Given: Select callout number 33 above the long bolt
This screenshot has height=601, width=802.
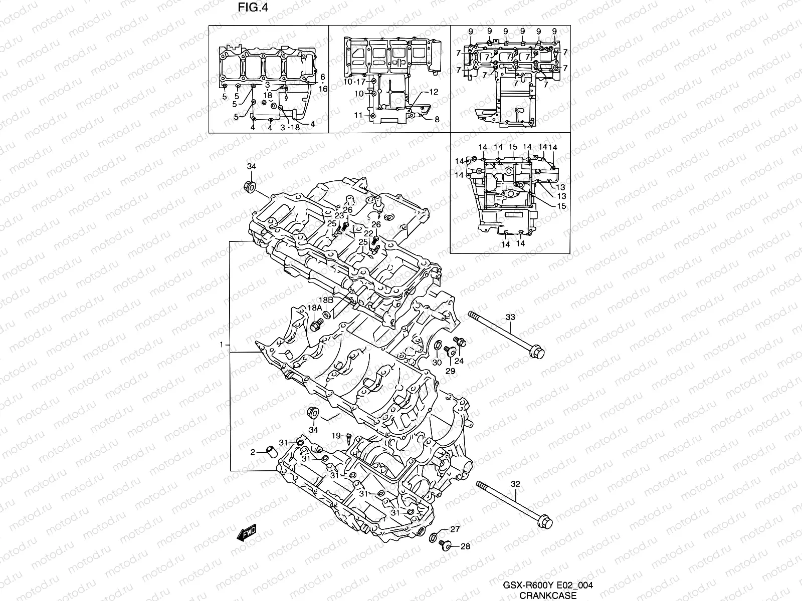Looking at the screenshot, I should coord(510,317).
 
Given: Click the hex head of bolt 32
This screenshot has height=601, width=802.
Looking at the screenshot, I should coord(544,522).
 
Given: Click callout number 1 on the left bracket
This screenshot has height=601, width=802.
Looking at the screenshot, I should coord(221,346).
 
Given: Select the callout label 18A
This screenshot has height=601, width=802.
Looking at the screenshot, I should coord(315,309).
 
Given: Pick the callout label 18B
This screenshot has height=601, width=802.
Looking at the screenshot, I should coord(326,299).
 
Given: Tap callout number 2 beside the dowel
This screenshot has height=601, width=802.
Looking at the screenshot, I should coord(253,452).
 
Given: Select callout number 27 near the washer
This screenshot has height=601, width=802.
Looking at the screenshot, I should coord(455,529).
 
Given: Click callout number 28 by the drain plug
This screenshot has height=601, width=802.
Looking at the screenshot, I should coord(465,546).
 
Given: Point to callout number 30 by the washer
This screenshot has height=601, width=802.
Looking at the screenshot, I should coord(437,363).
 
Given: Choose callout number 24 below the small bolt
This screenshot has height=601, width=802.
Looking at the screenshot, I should coord(459,361).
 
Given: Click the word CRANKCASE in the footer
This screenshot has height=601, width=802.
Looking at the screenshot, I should coord(547,595).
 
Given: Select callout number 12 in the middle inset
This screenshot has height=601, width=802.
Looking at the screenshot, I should coord(434,92).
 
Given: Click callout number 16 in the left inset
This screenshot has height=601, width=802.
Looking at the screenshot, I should coord(323,89).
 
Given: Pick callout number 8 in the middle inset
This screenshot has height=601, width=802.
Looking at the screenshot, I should coord(437,119).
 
